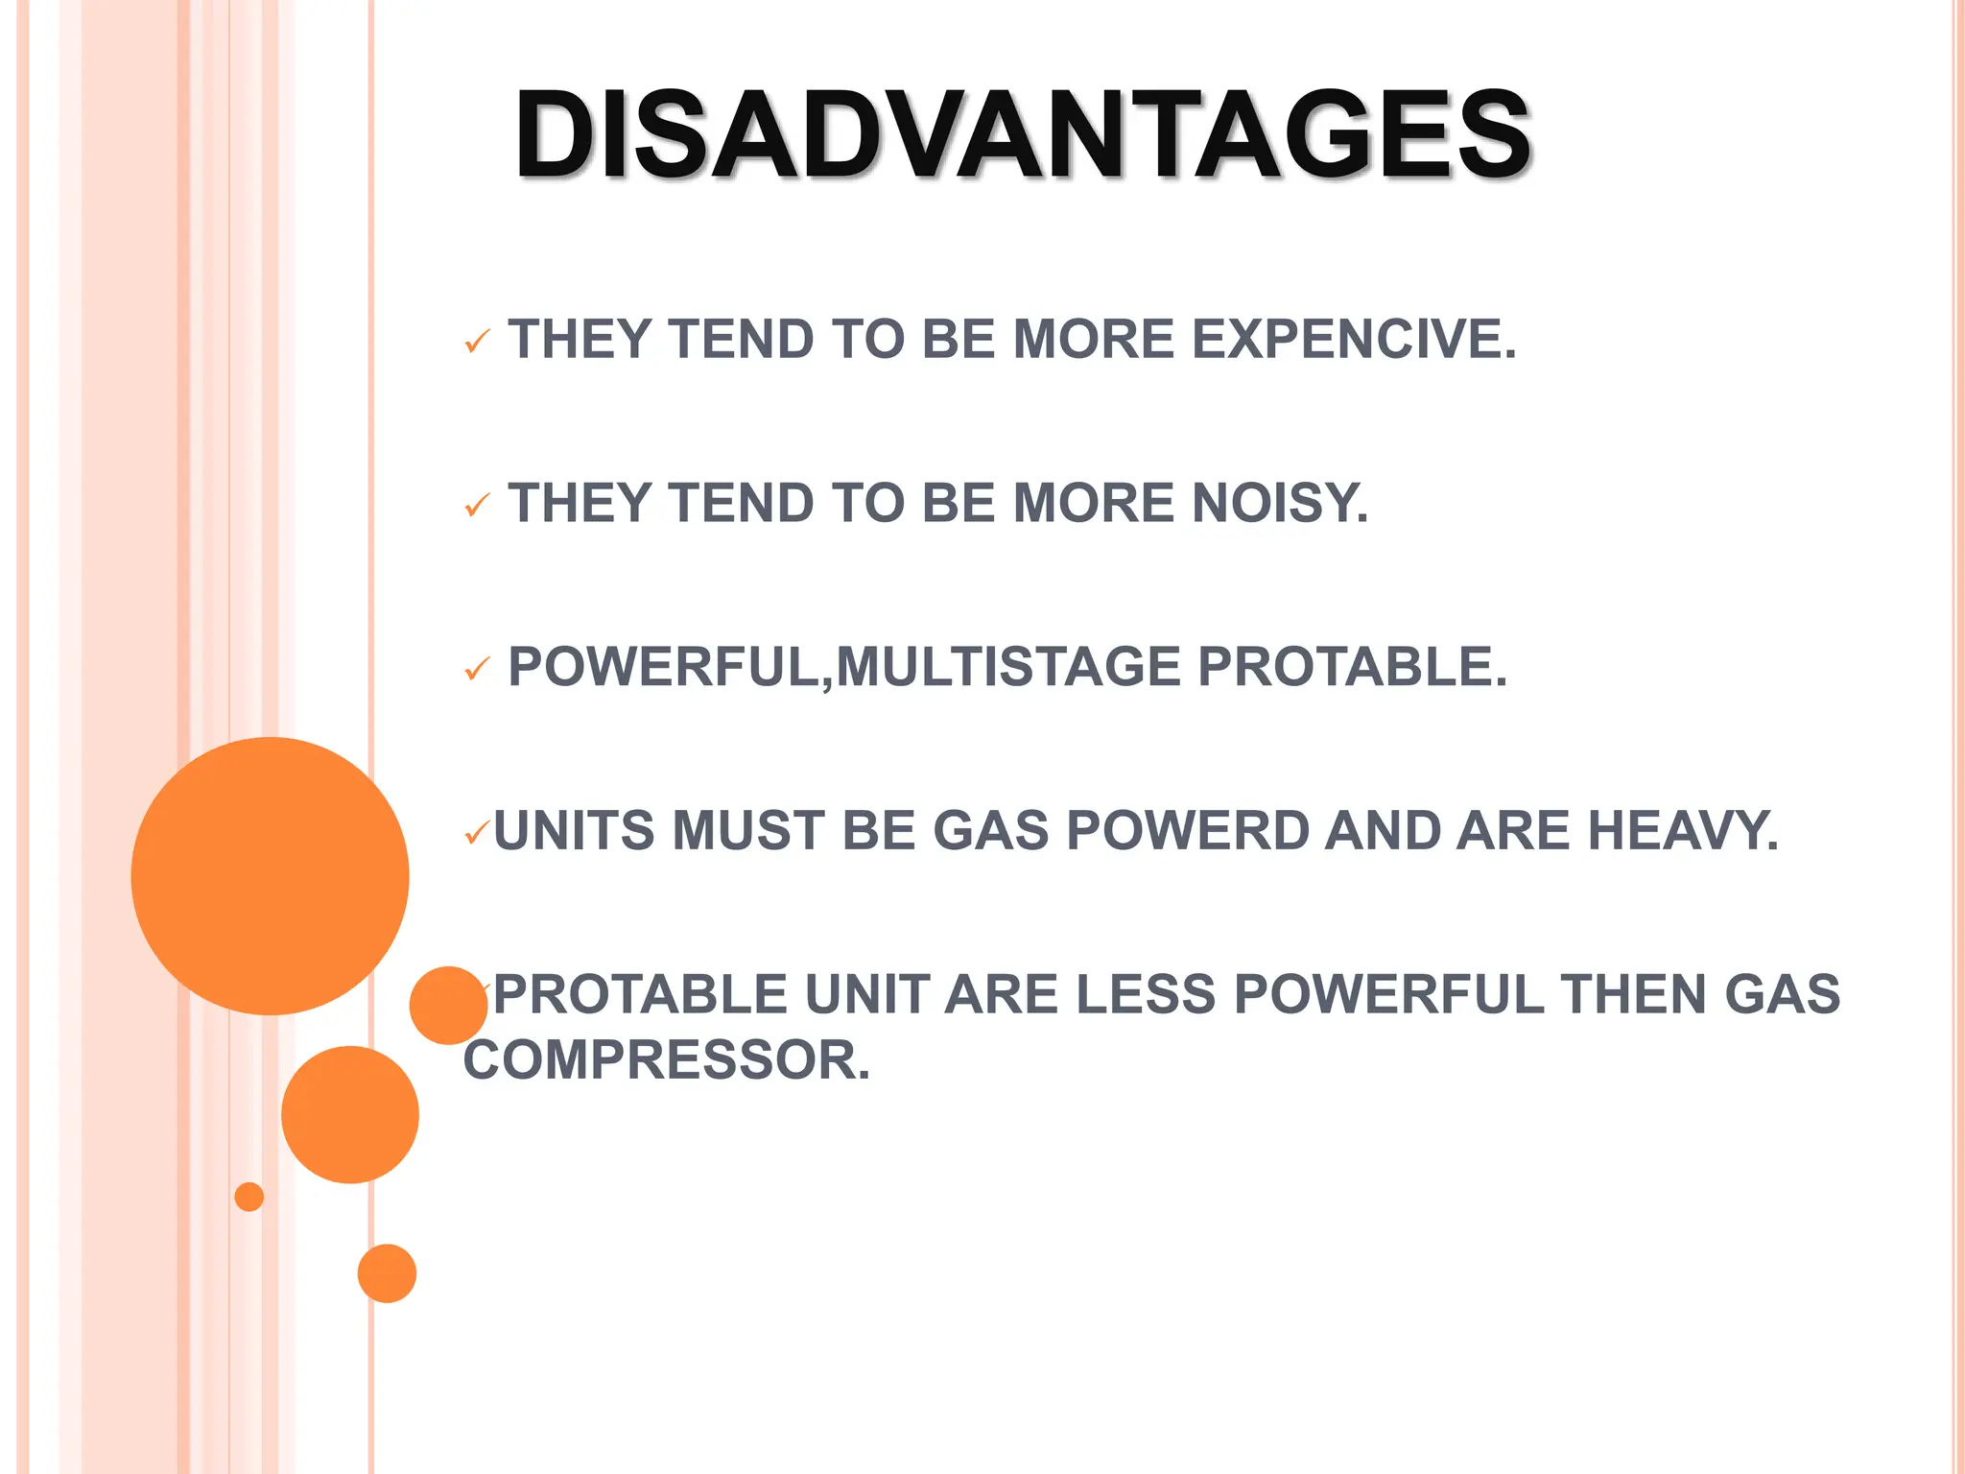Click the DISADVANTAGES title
(1023, 134)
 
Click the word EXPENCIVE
(1354, 340)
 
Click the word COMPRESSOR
(667, 1061)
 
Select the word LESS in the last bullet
(1146, 995)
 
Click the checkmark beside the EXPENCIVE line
(477, 342)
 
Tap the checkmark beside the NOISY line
(477, 505)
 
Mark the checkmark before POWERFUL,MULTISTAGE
(477, 669)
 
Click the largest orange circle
(270, 876)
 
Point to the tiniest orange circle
(249, 1197)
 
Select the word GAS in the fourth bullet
(991, 831)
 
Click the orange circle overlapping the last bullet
(447, 1006)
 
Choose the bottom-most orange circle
(387, 1273)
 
